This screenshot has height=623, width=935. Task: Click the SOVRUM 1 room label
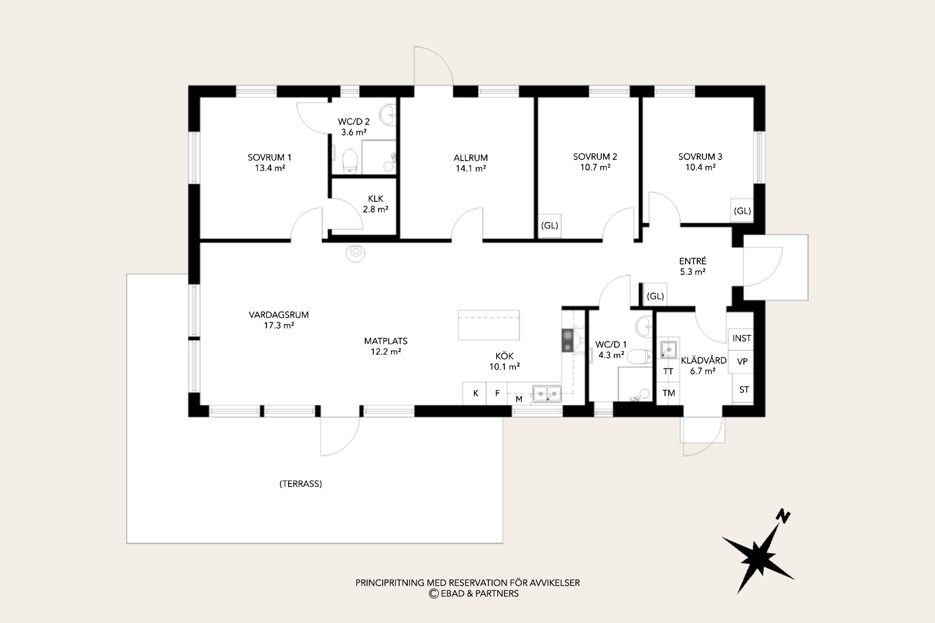(269, 163)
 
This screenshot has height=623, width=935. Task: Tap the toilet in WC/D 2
(350, 161)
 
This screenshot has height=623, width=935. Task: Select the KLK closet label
(375, 204)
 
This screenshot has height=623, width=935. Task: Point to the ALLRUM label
(470, 163)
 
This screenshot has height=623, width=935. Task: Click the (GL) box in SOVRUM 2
(549, 225)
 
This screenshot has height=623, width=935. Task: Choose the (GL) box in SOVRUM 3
(742, 211)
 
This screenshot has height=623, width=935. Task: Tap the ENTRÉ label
(692, 266)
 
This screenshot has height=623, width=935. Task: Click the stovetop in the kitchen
(567, 340)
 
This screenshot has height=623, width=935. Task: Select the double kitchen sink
(547, 394)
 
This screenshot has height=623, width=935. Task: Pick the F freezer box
(497, 393)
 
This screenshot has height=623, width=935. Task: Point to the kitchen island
(489, 325)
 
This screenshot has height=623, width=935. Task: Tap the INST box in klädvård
(742, 338)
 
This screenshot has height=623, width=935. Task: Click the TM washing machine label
(669, 393)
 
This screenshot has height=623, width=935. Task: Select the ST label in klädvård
(744, 389)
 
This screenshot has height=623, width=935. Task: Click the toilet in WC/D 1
(640, 357)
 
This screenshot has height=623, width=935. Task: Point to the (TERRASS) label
(300, 483)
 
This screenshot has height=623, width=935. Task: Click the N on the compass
(783, 516)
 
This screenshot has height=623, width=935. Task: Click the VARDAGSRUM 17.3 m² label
(279, 320)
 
